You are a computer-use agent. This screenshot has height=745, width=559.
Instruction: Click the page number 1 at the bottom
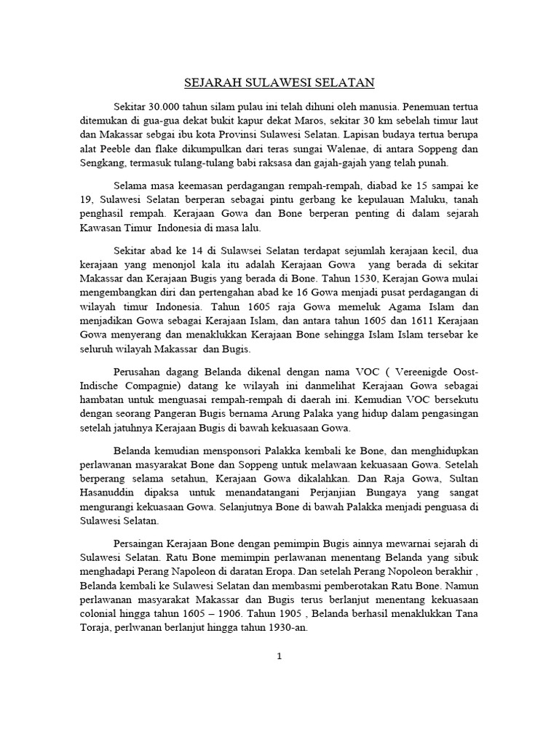click(278, 676)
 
